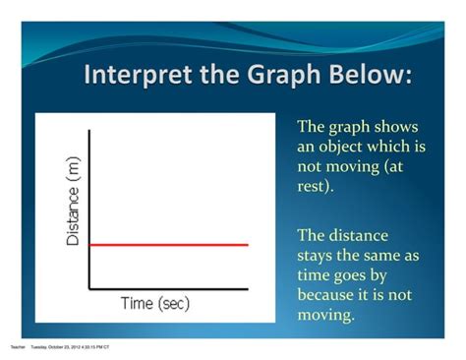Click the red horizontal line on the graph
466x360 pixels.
[x=168, y=243]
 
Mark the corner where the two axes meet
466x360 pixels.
[x=89, y=289]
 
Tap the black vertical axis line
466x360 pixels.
[x=89, y=197]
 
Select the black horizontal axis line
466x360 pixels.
[x=168, y=289]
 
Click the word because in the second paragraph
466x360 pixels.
[x=329, y=295]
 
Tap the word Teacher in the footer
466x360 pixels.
[x=17, y=347]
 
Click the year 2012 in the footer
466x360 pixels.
[x=75, y=347]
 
